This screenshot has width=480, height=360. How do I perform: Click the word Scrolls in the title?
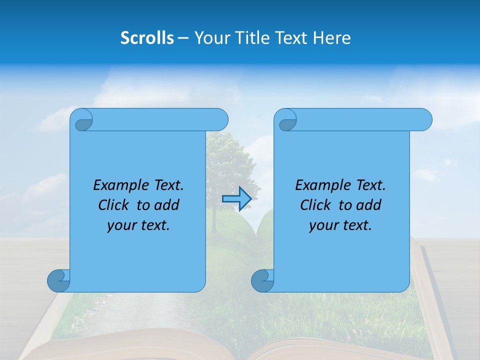tap(147, 38)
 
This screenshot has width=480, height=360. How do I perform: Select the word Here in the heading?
tap(332, 38)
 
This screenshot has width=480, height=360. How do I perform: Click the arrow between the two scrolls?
tap(236, 198)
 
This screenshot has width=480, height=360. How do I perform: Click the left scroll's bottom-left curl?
tap(58, 280)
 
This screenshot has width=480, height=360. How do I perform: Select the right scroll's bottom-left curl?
tap(262, 280)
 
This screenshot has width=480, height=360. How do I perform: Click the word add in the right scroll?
tap(369, 205)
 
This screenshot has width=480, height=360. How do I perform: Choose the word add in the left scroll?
tap(167, 205)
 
